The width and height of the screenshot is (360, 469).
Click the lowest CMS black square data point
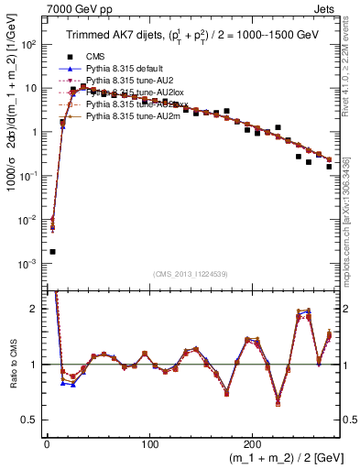click(52, 252)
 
